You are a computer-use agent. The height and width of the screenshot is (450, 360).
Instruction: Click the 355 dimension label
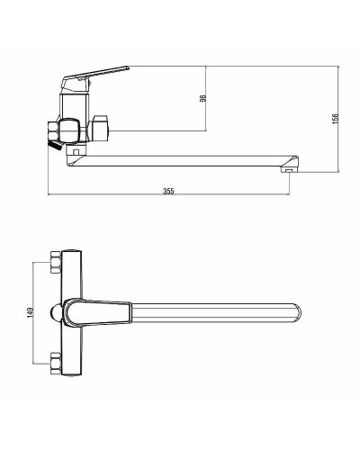click(x=168, y=191)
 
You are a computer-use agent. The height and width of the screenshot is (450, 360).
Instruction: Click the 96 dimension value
click(x=203, y=98)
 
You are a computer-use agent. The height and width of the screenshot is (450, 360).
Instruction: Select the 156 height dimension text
click(x=336, y=119)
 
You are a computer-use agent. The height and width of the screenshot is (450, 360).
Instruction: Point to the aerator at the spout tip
click(x=288, y=171)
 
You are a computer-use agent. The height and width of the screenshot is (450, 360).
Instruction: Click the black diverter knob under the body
click(x=54, y=146)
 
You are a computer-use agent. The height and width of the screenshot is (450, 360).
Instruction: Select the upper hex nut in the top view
click(x=56, y=262)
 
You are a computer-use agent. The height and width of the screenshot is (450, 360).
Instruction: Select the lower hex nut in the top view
click(x=56, y=364)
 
